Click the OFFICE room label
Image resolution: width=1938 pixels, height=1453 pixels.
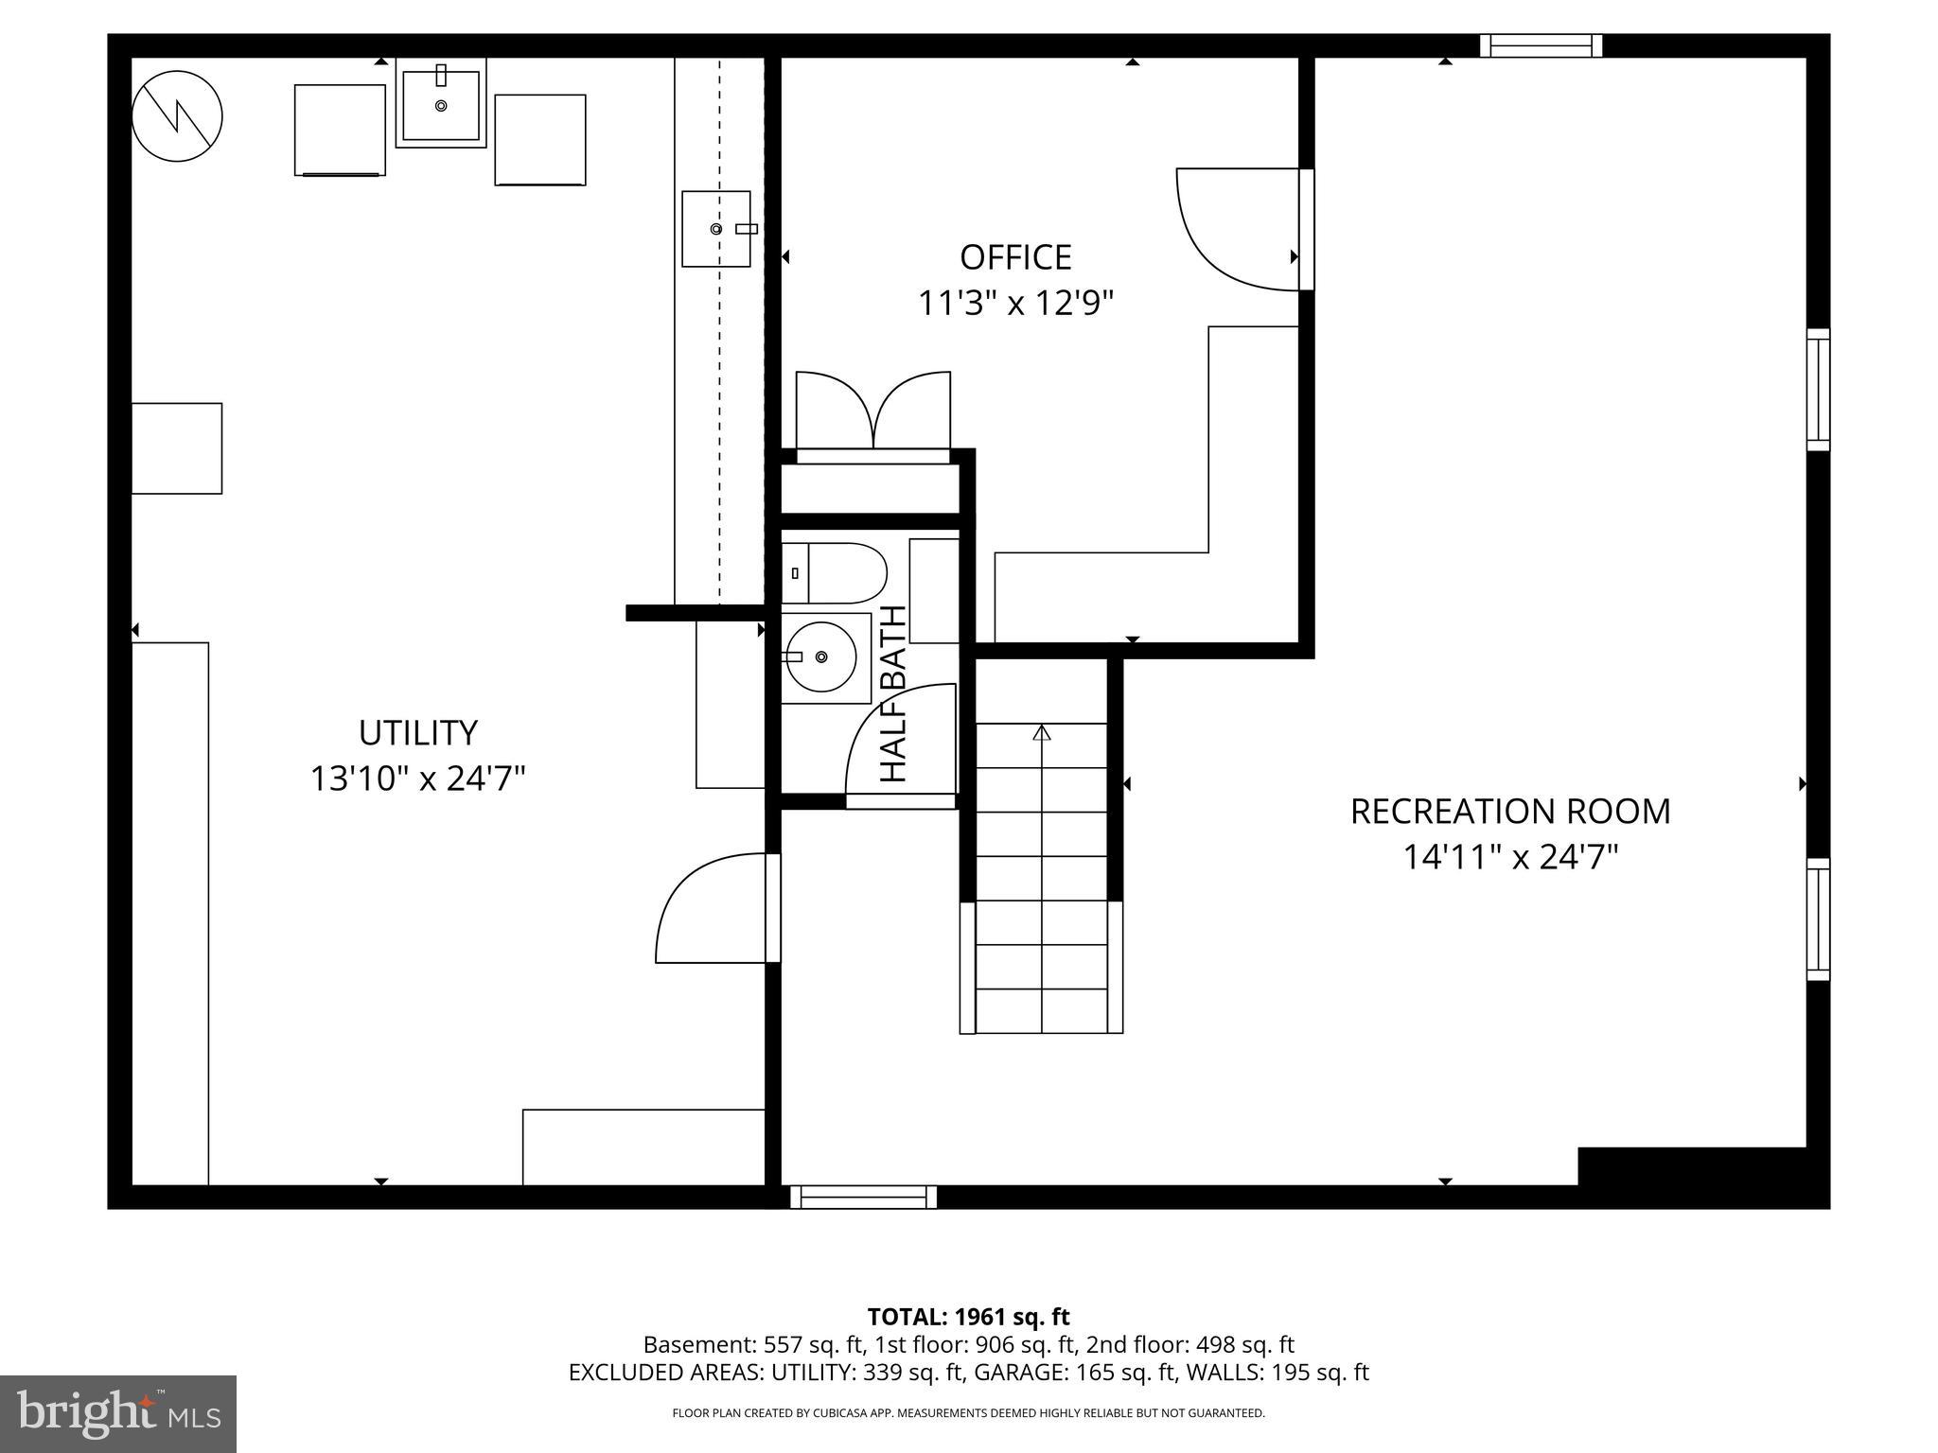pyautogui.click(x=1015, y=257)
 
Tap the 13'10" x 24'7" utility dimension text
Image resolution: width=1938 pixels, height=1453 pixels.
pyautogui.click(x=417, y=779)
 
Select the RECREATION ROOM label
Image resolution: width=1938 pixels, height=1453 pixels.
pyautogui.click(x=1509, y=812)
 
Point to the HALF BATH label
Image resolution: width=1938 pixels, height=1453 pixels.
pyautogui.click(x=894, y=693)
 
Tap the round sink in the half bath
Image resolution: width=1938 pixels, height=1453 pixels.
pyautogui.click(x=820, y=656)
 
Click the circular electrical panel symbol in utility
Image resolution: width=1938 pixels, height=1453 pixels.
pyautogui.click(x=177, y=117)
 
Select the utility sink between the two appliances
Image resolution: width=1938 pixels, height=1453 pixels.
pyautogui.click(x=441, y=102)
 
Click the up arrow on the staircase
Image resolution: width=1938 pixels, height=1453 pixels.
pyautogui.click(x=1042, y=733)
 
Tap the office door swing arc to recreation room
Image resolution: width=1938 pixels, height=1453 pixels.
pyautogui.click(x=1230, y=232)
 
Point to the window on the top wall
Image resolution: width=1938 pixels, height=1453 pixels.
pyautogui.click(x=1541, y=45)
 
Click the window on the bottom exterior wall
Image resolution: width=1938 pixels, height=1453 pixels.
pyautogui.click(x=863, y=1197)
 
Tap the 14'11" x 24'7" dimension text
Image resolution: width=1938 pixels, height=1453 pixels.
pyautogui.click(x=1509, y=857)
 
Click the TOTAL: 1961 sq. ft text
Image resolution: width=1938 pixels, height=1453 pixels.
pyautogui.click(x=968, y=1317)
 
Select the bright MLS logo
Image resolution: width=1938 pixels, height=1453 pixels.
pyautogui.click(x=118, y=1413)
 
